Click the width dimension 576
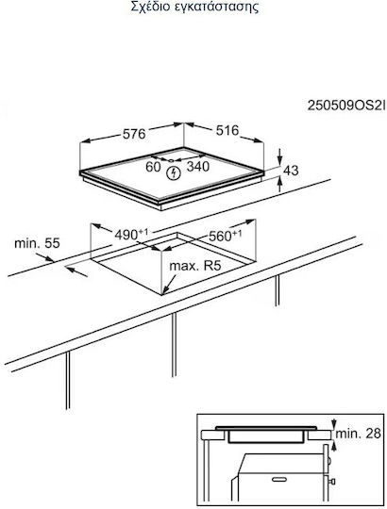point(134,134)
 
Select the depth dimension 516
point(227,130)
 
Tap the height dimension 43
point(291,170)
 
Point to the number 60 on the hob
point(153,167)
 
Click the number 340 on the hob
point(198,166)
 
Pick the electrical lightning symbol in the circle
point(173,173)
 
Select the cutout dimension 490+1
point(131,234)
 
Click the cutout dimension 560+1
point(226,236)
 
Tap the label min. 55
point(38,243)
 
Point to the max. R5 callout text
point(195,266)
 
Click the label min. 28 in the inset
point(358,433)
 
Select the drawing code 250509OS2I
point(346,106)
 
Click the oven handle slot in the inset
point(281,479)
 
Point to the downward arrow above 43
point(280,157)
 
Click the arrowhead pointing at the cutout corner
point(164,291)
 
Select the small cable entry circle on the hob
point(171,160)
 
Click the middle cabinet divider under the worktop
point(175,345)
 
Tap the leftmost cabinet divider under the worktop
point(68,380)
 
